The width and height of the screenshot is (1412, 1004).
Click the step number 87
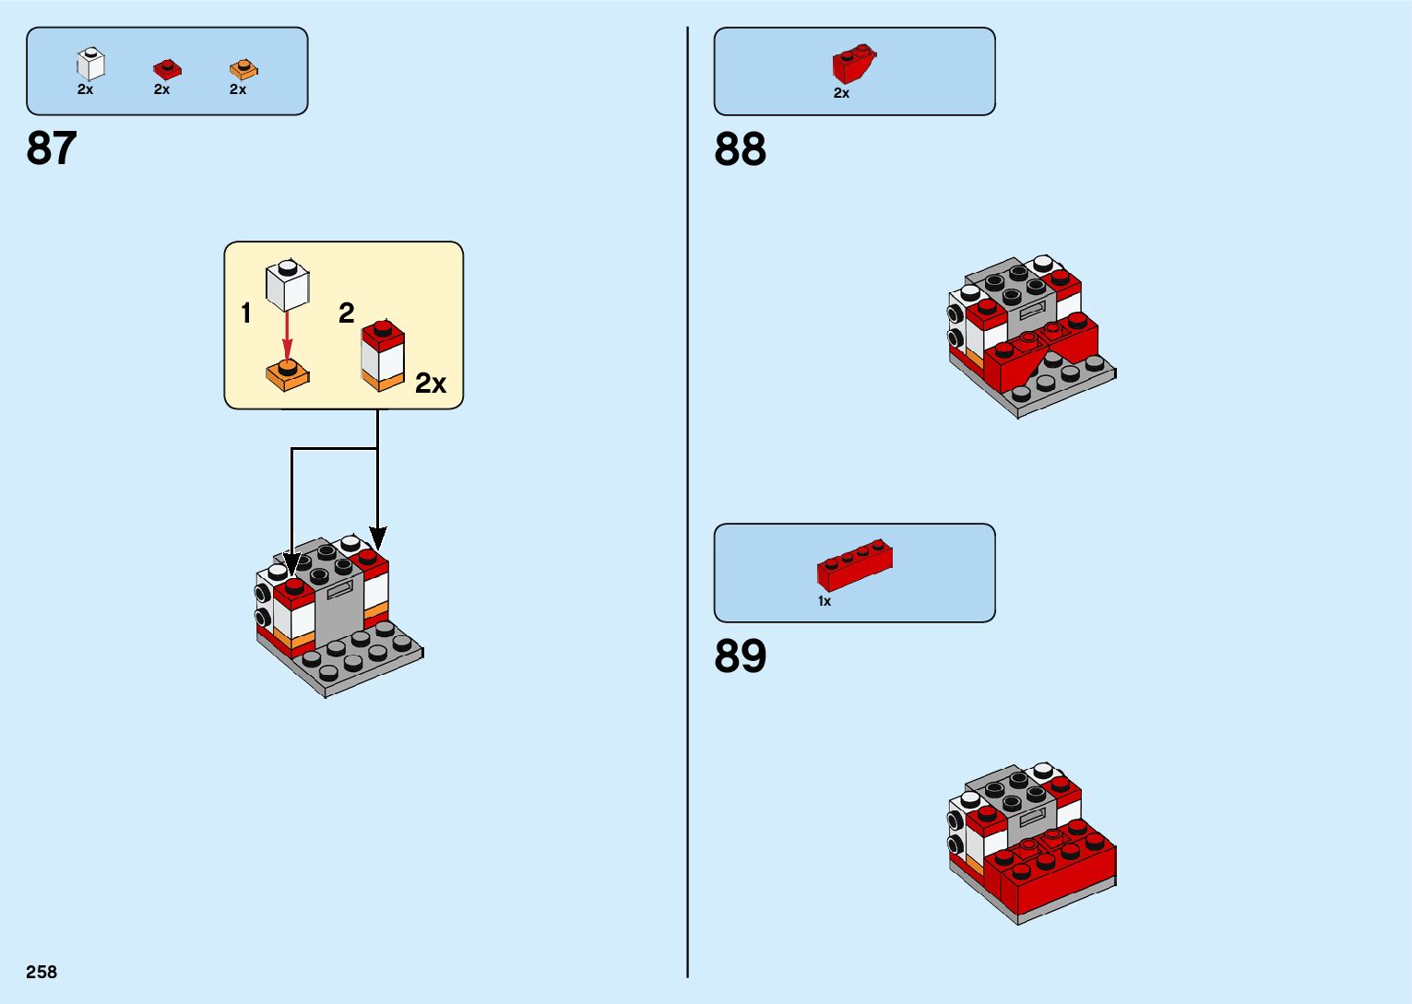pos(52,148)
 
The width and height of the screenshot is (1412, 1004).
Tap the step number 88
pos(740,149)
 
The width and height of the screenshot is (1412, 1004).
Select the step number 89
pos(740,656)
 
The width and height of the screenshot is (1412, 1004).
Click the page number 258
pos(42,972)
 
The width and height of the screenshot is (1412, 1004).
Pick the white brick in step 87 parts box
pos(90,65)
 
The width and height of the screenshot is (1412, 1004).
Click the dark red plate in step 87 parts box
pos(167,69)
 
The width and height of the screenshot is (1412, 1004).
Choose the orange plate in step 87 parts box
pos(243,69)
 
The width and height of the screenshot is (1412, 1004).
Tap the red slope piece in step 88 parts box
pos(853,65)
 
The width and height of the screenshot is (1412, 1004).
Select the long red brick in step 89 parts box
pos(855,564)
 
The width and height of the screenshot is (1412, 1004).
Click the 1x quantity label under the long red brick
pos(825,601)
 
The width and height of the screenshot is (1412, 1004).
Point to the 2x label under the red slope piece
pos(841,93)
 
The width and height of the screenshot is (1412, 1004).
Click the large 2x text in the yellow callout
pos(431,384)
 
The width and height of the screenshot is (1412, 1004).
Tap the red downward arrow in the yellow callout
pos(287,336)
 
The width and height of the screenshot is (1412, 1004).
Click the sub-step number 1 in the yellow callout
pos(246,313)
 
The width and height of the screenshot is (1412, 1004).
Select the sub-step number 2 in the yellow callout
pos(347,313)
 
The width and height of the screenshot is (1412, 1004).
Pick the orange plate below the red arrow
pos(287,374)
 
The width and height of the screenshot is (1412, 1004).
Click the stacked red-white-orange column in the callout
pos(383,355)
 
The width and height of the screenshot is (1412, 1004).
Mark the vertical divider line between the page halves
pos(687,502)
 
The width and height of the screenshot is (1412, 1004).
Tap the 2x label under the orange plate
pos(238,89)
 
